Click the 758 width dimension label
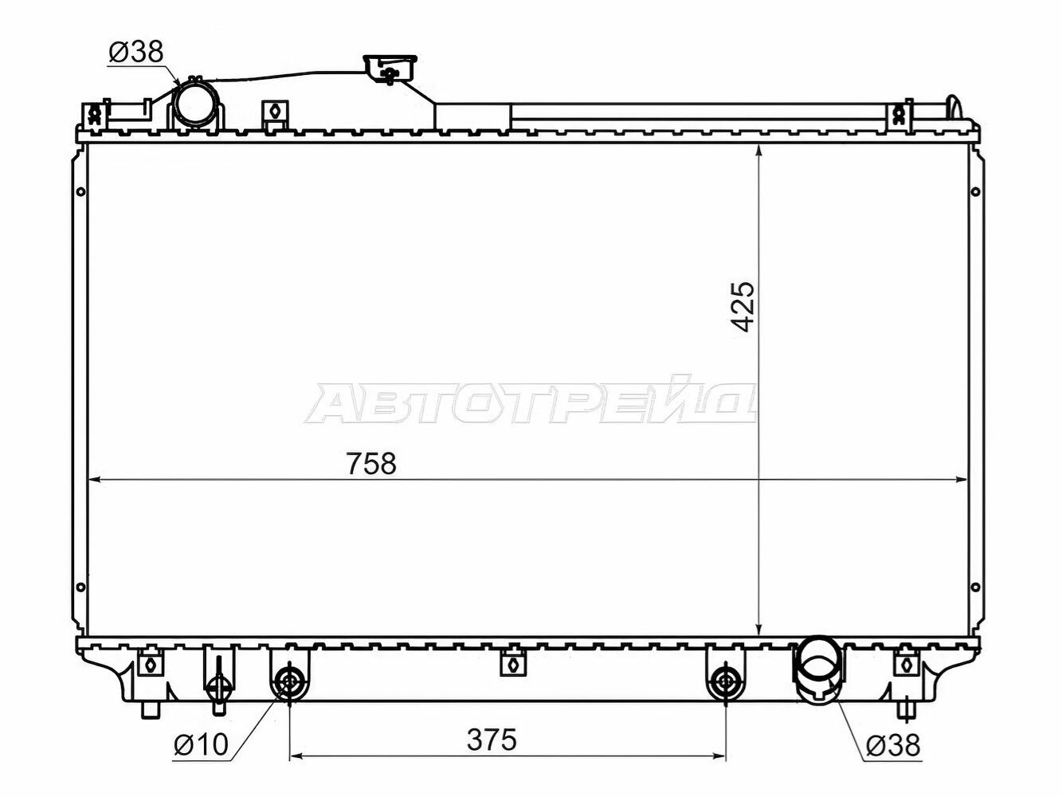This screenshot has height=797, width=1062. [x=371, y=463]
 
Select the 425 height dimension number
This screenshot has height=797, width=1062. [x=743, y=306]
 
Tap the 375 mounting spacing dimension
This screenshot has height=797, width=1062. [x=492, y=739]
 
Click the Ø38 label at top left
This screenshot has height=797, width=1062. [x=136, y=52]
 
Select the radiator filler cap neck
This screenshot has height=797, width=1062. [x=390, y=71]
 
